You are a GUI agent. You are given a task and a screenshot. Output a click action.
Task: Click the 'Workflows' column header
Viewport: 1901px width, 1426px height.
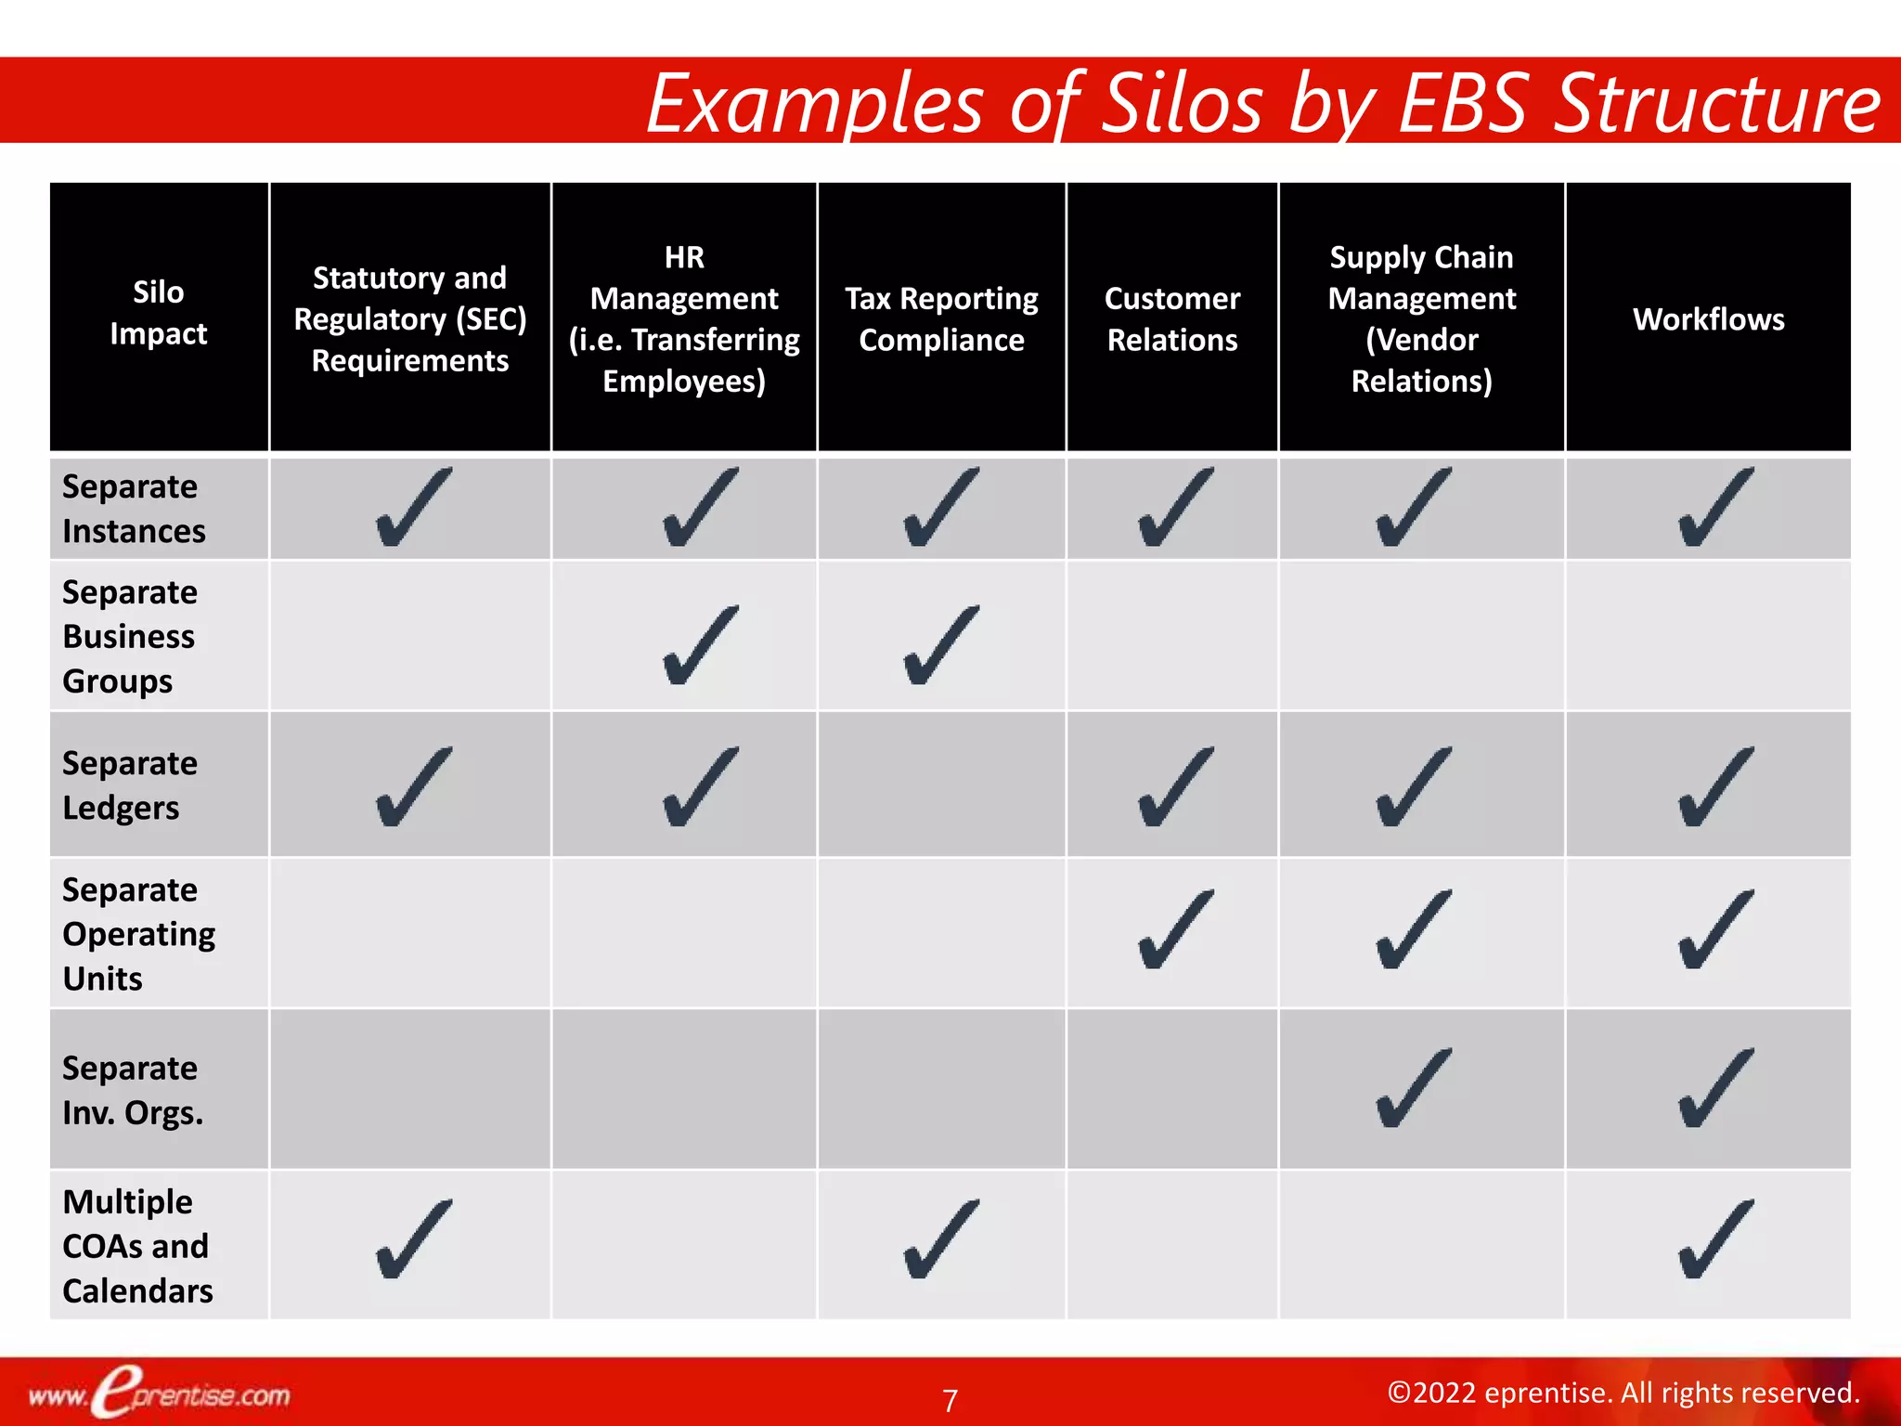(x=1708, y=319)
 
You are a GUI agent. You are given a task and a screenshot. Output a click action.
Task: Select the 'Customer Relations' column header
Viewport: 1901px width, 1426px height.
(x=1171, y=319)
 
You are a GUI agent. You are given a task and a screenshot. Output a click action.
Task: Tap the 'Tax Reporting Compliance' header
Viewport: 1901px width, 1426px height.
(x=941, y=319)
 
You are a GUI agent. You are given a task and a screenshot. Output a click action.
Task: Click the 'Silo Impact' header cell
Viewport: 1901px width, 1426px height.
(x=159, y=313)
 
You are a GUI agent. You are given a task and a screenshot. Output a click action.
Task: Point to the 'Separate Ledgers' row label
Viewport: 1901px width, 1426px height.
(x=130, y=785)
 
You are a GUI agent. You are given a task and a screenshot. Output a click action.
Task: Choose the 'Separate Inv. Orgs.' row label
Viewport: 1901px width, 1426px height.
(x=132, y=1090)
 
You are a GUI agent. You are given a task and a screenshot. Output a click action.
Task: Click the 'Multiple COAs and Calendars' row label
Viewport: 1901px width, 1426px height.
(x=137, y=1246)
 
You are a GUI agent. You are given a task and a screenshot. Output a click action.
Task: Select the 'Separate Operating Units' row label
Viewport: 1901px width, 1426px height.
(x=138, y=934)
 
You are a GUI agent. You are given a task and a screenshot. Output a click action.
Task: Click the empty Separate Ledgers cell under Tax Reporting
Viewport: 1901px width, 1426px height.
(x=941, y=785)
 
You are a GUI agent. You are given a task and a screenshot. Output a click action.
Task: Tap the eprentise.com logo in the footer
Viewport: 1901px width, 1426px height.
(x=159, y=1394)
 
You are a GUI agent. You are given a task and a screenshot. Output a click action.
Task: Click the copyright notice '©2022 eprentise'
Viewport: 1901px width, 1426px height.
(x=1623, y=1393)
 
